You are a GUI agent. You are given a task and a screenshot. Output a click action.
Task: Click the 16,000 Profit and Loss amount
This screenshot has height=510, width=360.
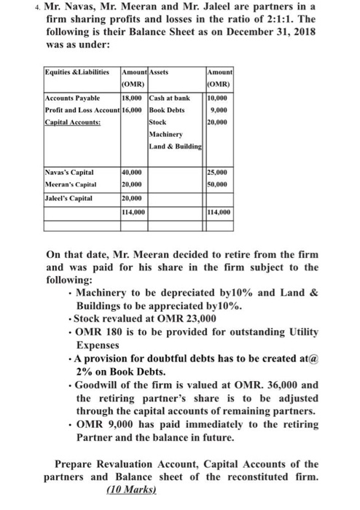click(x=132, y=111)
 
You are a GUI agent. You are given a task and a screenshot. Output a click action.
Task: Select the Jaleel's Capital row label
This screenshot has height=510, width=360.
click(x=69, y=197)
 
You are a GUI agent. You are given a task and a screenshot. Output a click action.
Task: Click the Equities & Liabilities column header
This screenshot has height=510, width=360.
click(x=77, y=74)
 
